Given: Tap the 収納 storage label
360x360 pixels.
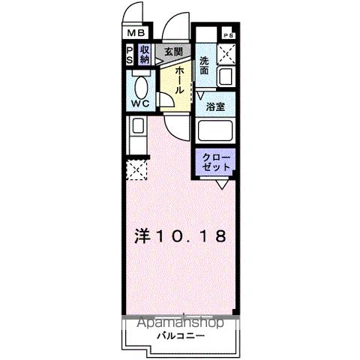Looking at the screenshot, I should point(145,54).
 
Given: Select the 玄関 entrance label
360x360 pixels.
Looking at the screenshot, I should point(173,51).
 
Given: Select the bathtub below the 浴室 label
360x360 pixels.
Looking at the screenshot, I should point(216,133).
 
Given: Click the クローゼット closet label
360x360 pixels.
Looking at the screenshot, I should point(216,162).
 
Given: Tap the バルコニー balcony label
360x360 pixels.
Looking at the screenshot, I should point(178,334).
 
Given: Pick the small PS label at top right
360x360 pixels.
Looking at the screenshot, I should point(228,35).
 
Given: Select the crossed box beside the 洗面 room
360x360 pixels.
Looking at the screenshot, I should point(227,54).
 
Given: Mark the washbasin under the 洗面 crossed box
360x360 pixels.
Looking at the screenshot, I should point(226,76).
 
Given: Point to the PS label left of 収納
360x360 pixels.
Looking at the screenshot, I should point(130,54).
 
